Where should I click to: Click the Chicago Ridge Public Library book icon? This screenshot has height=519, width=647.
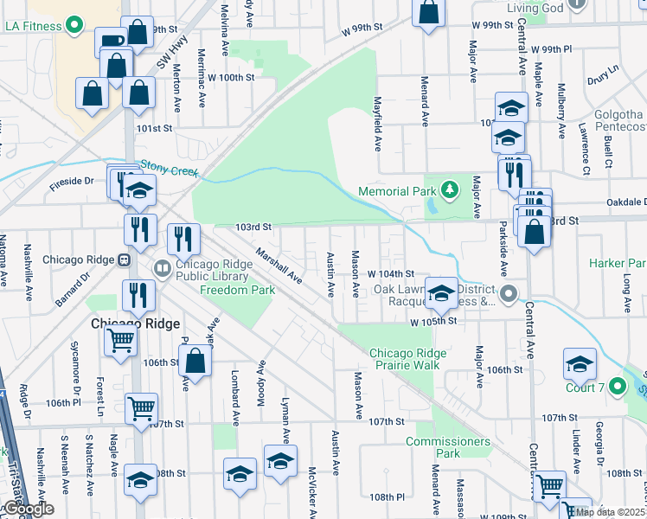coord(162,268)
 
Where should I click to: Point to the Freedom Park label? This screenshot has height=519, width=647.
coord(238,290)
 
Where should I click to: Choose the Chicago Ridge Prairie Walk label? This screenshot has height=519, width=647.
coord(408,359)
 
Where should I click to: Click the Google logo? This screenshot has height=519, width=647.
coord(28,509)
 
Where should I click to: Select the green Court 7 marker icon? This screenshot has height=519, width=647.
coord(617,385)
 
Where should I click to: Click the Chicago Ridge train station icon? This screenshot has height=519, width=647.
coord(124,259)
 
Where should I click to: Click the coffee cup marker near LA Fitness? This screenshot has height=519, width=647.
coord(112,42)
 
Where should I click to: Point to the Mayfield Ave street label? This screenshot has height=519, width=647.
coord(378,125)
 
